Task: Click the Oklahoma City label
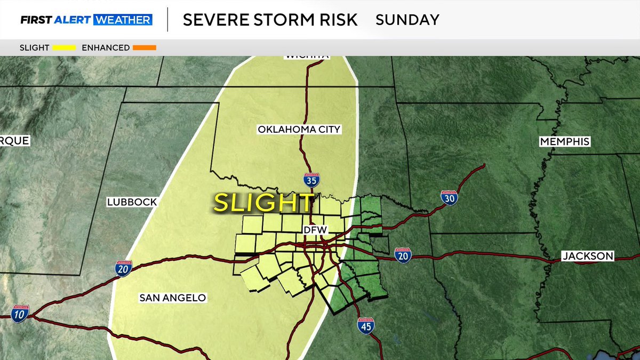pyautogui.click(x=299, y=130)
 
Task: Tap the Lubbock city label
pyautogui.click(x=132, y=202)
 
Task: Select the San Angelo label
pyautogui.click(x=172, y=298)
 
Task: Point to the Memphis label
pyautogui.click(x=564, y=142)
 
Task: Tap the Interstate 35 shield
pyautogui.click(x=311, y=180)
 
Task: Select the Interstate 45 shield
pyautogui.click(x=365, y=325)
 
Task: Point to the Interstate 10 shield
pyautogui.click(x=20, y=313)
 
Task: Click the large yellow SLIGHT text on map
pyautogui.click(x=263, y=203)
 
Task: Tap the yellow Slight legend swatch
pyautogui.click(x=64, y=48)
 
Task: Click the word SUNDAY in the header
pyautogui.click(x=407, y=20)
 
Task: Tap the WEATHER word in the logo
pyautogui.click(x=123, y=20)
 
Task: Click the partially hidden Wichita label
pyautogui.click(x=307, y=55)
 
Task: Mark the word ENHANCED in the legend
pyautogui.click(x=106, y=48)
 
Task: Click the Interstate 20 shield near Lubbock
pyautogui.click(x=123, y=269)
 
